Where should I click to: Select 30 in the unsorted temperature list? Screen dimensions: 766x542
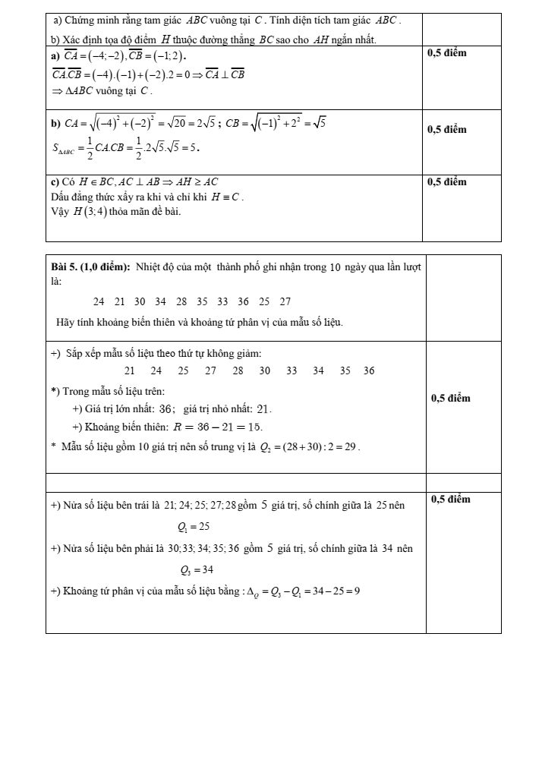coord(140,301)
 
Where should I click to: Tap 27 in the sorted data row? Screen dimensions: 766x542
coord(210,370)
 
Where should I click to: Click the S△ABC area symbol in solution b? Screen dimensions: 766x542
coord(66,149)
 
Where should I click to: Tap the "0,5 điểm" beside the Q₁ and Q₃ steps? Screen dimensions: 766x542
coord(450,499)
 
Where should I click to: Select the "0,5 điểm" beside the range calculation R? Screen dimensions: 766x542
coord(450,398)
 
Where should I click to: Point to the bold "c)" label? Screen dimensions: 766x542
coord(55,181)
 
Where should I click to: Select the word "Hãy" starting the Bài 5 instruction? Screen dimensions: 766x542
coord(65,323)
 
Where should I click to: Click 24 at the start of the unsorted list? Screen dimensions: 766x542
coord(99,301)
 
